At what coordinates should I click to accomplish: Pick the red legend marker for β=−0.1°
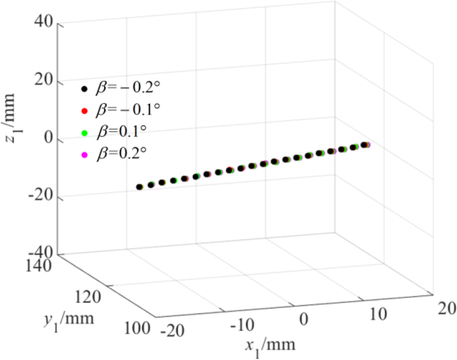click(84, 111)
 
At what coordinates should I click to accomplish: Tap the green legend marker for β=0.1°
click(84, 133)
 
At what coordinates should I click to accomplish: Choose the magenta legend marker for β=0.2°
click(84, 153)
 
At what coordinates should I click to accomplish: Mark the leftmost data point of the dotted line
click(139, 187)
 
